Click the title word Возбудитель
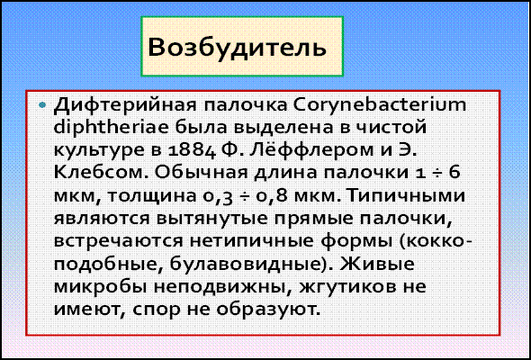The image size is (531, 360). tap(237, 47)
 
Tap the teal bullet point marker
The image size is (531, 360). tap(42, 105)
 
